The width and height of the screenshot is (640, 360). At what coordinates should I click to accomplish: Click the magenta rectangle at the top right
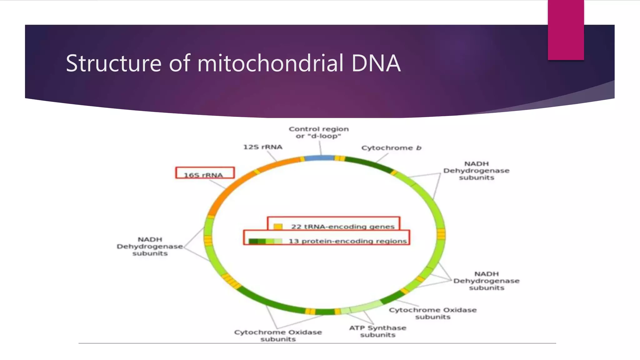tap(566, 30)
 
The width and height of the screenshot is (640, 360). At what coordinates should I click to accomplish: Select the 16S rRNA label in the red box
tap(203, 175)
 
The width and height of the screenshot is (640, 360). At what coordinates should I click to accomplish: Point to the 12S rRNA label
tap(263, 147)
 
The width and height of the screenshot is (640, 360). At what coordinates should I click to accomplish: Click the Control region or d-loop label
tap(318, 132)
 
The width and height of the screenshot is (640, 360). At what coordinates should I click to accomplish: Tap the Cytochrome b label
tap(391, 148)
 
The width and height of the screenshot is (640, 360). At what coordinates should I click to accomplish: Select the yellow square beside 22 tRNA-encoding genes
tap(278, 227)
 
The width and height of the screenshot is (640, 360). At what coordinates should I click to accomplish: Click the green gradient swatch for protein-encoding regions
tap(265, 241)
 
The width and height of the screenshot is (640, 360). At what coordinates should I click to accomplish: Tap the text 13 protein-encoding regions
tap(347, 241)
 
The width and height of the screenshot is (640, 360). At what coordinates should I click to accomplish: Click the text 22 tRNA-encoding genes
tap(343, 227)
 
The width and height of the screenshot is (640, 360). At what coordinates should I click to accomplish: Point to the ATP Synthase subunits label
tap(377, 331)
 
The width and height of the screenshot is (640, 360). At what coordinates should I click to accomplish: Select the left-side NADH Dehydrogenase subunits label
tap(150, 246)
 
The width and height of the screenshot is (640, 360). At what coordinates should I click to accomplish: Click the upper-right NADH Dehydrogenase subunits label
tap(476, 171)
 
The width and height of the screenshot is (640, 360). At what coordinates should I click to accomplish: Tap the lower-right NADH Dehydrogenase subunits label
tap(486, 281)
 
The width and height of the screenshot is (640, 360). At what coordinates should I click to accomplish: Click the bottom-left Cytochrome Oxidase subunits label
tap(278, 335)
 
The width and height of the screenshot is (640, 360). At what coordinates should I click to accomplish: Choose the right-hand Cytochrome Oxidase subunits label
tap(432, 313)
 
